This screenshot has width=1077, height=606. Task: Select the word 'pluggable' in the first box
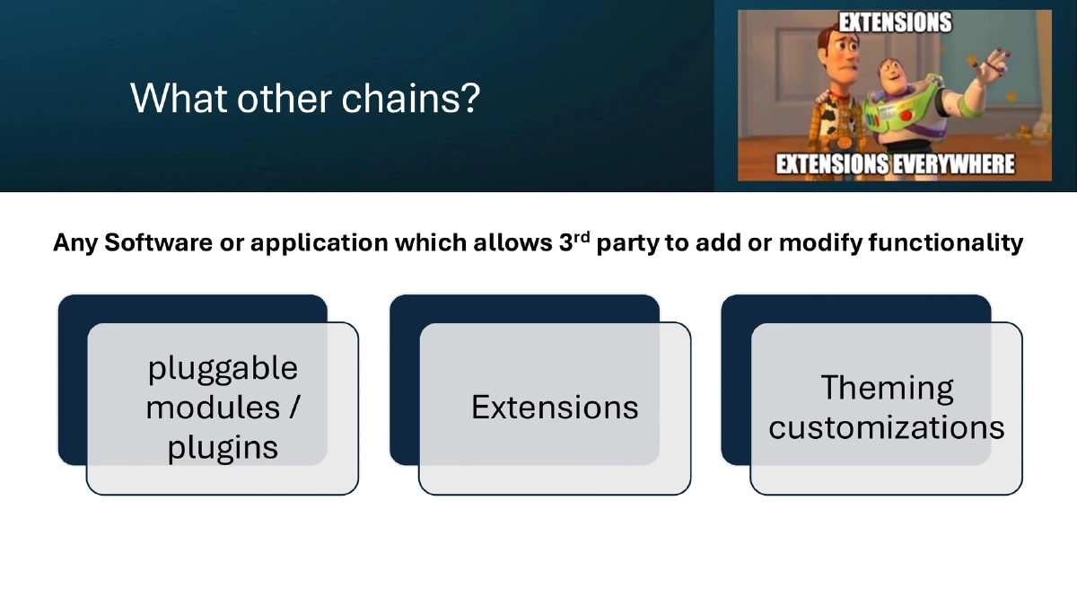pos(223,368)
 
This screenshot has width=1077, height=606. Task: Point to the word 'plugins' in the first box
pos(223,447)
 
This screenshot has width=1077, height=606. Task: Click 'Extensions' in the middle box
pos(555,408)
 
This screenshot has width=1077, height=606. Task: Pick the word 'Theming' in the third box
pos(887,388)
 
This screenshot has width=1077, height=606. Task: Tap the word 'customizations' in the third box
pos(887,427)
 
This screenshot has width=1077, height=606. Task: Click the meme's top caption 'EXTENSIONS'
pos(894,22)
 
